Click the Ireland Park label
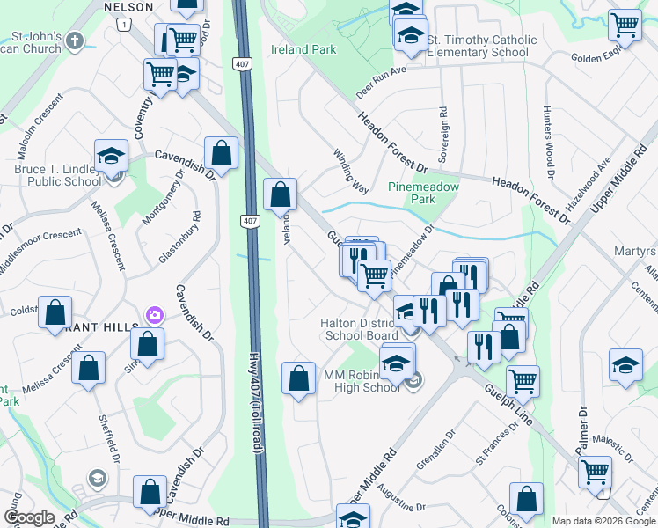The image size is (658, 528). pos(303,50)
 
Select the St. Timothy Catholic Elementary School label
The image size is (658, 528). pos(481,47)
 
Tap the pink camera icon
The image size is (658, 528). pos(155,314)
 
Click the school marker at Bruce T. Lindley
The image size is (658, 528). pos(112,157)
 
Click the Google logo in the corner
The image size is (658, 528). pos(29,517)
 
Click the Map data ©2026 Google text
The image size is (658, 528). pos(603,521)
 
